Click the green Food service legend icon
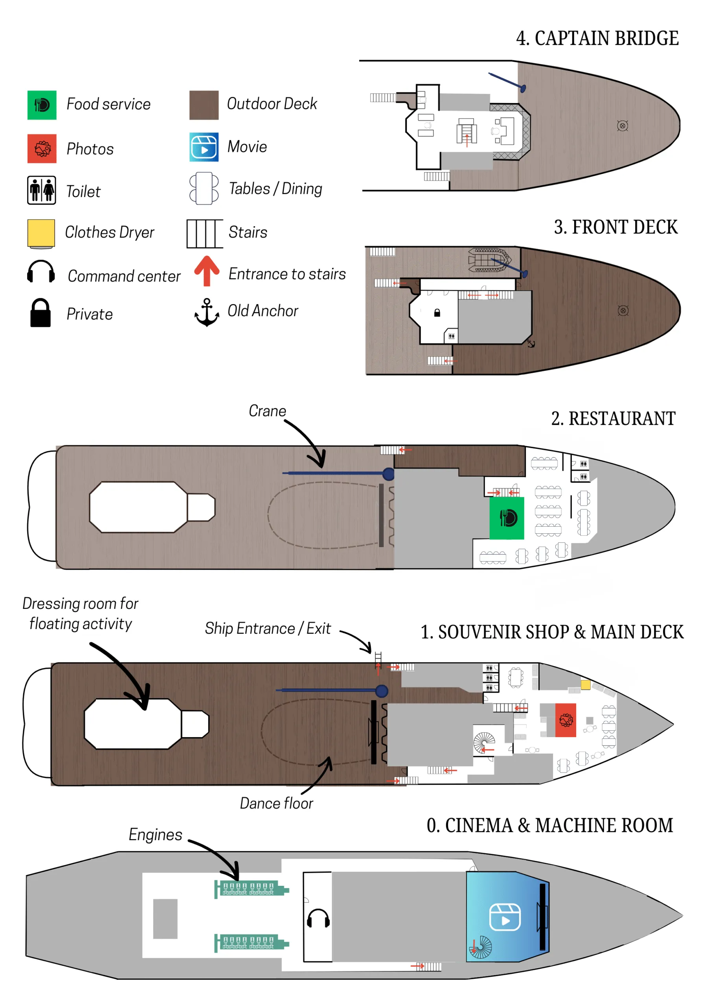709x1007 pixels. click(42, 105)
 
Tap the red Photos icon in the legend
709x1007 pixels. click(42, 149)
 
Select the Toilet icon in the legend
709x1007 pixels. click(41, 190)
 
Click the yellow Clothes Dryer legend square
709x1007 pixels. click(41, 233)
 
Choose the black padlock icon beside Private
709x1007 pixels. click(40, 313)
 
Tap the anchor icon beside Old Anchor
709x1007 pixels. click(206, 312)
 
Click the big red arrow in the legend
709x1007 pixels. click(206, 271)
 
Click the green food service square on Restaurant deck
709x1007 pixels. click(507, 518)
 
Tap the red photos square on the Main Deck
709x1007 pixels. click(565, 720)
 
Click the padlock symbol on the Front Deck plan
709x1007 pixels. click(437, 313)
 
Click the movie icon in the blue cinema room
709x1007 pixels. click(505, 917)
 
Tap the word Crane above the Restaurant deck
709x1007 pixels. click(267, 411)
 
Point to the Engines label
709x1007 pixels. click(155, 835)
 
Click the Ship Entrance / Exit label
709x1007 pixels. click(268, 628)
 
